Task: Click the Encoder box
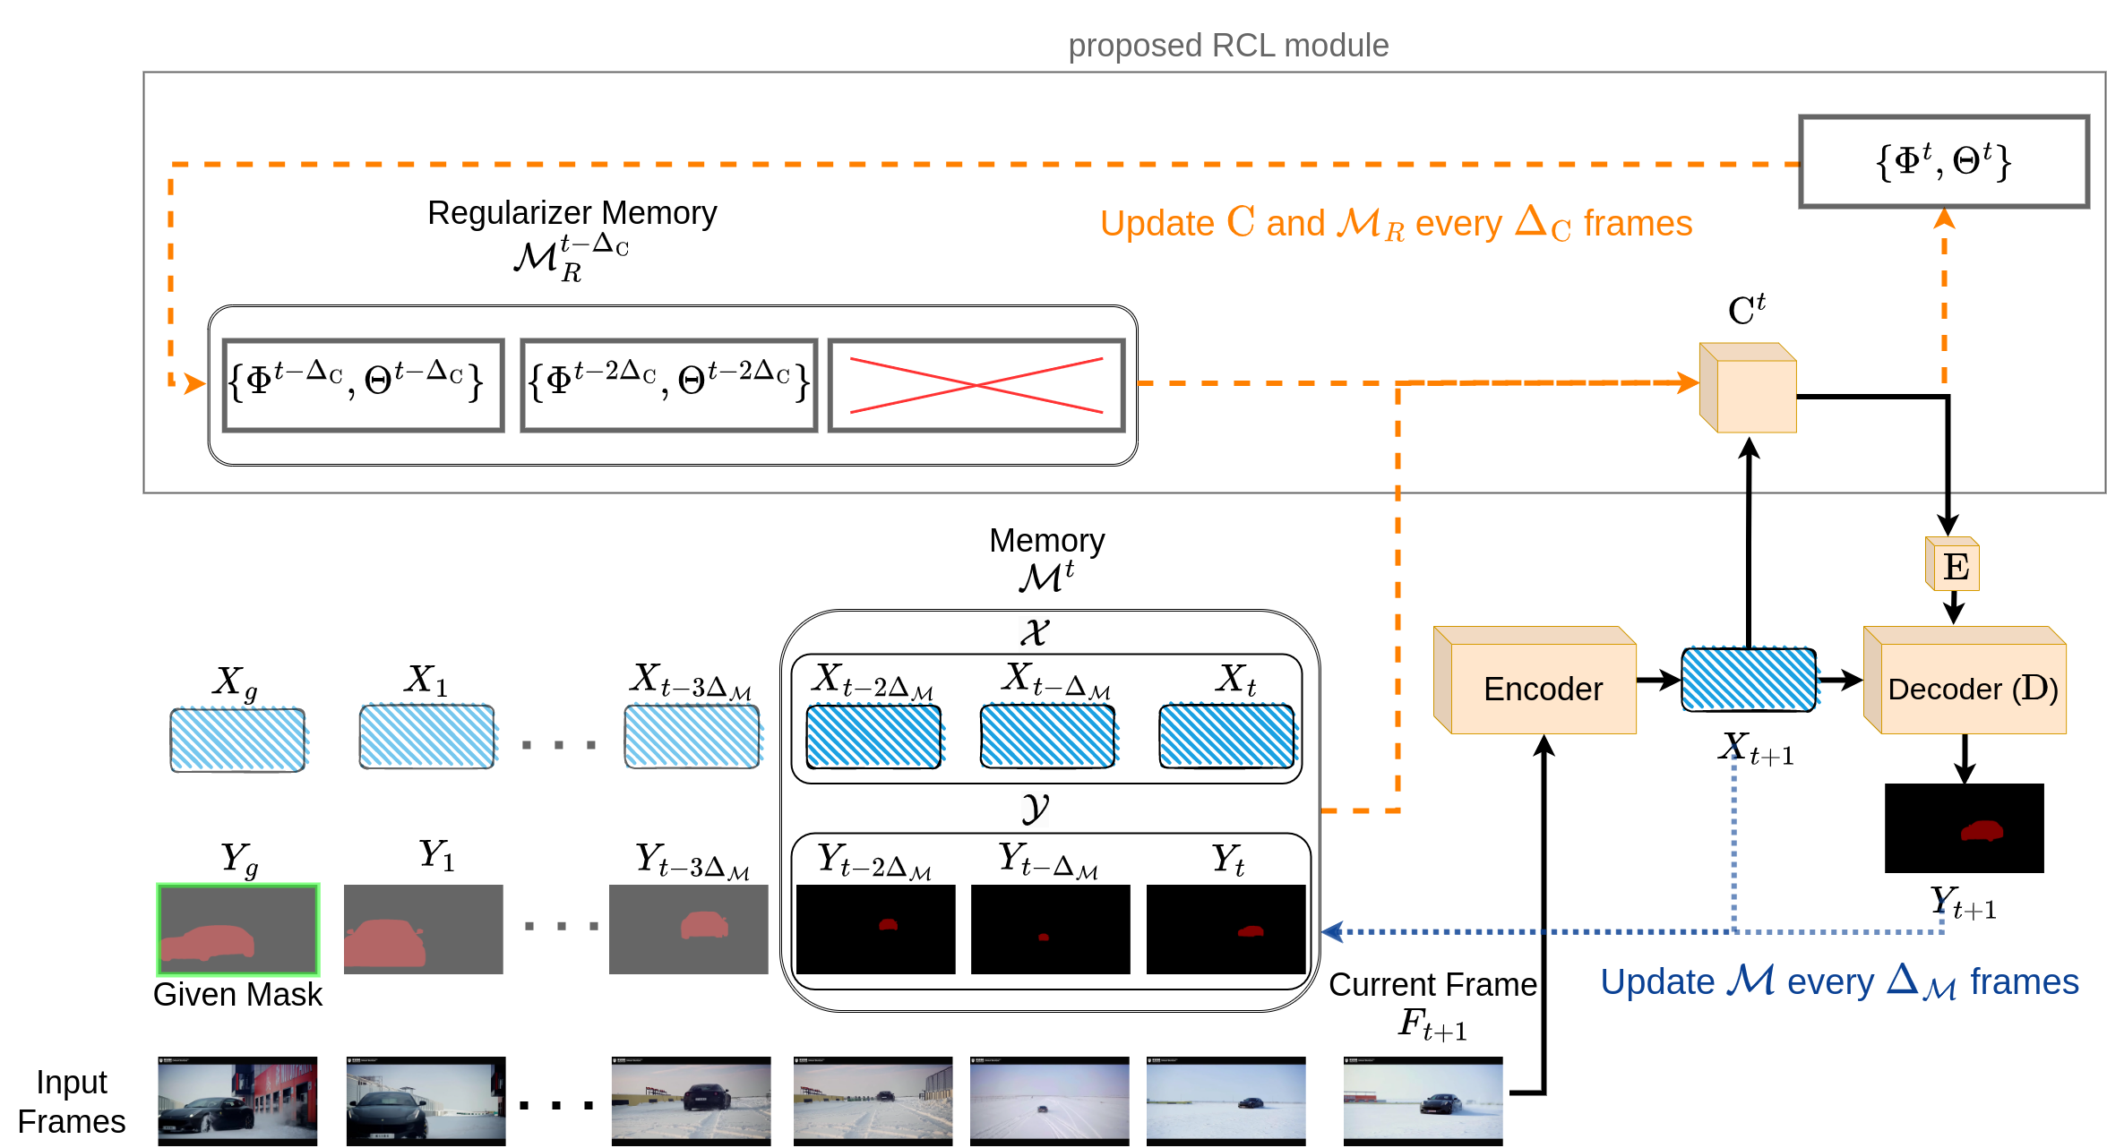[x=1542, y=688]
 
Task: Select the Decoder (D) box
[x=1972, y=688]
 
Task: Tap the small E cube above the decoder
[x=1955, y=566]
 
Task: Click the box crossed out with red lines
[x=976, y=385]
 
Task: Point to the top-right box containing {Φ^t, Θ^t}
[x=1944, y=161]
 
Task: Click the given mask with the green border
[x=238, y=929]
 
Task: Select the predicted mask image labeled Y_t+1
[x=1964, y=828]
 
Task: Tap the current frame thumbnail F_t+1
[x=1423, y=1100]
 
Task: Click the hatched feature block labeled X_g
[x=238, y=740]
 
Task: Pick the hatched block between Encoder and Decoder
[x=1749, y=680]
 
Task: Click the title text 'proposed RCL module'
[x=1228, y=45]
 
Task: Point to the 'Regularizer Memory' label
[x=572, y=213]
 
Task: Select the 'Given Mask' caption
[x=237, y=995]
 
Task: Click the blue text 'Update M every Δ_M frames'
[x=1839, y=982]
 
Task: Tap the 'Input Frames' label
[x=72, y=1101]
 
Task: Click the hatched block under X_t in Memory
[x=1226, y=736]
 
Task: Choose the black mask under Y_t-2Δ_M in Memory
[x=875, y=929]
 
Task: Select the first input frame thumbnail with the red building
[x=237, y=1100]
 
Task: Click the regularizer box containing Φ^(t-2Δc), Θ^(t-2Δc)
[x=669, y=385]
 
